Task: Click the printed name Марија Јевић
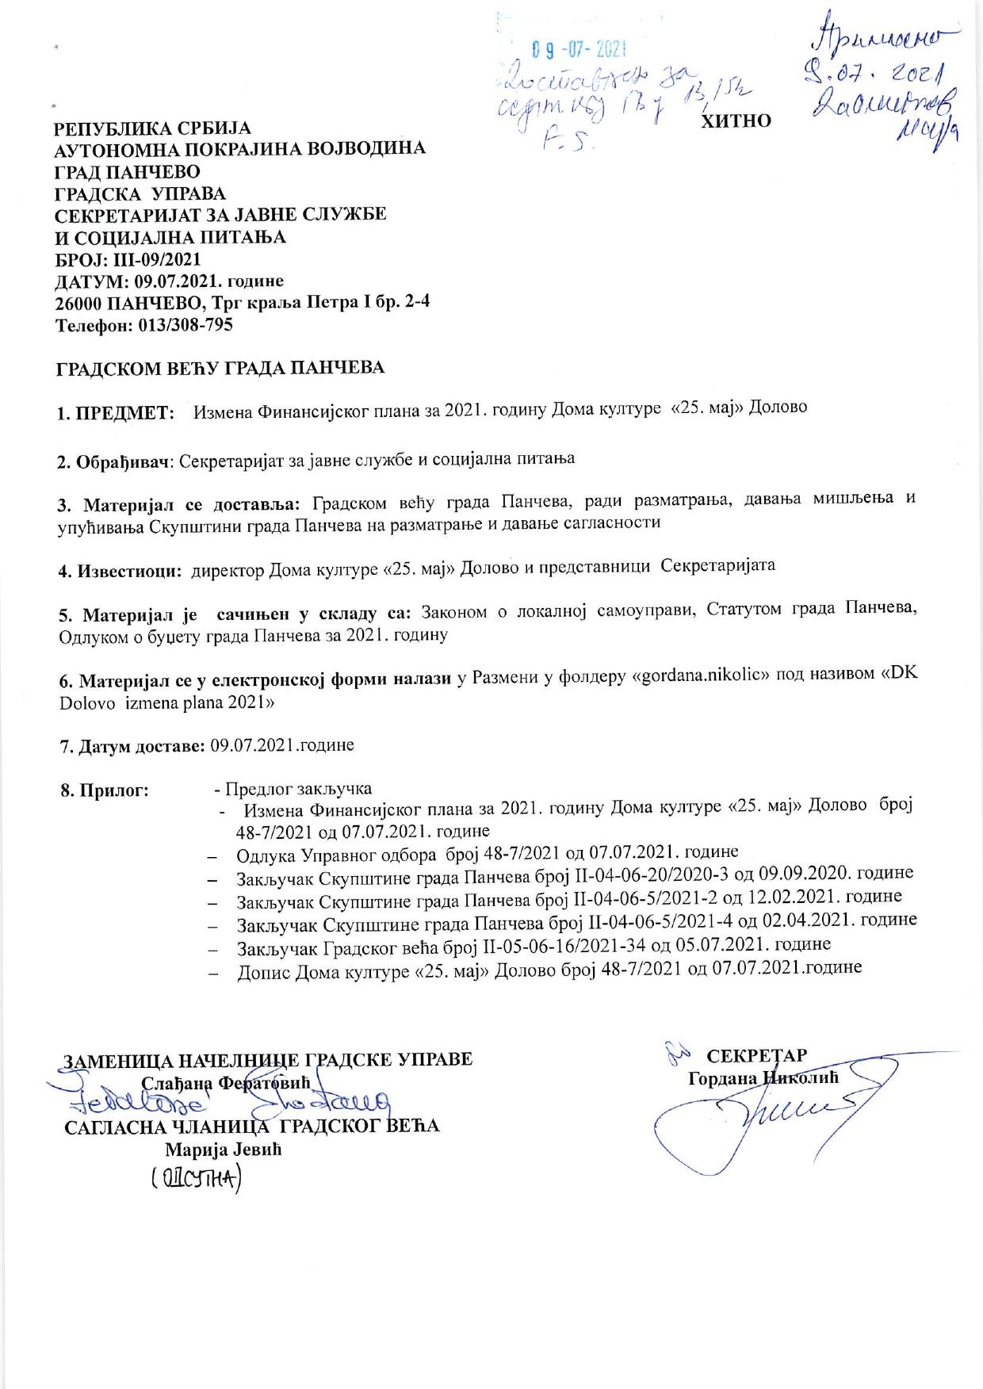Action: pos(223,1150)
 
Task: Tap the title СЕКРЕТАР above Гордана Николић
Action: pos(756,1056)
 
